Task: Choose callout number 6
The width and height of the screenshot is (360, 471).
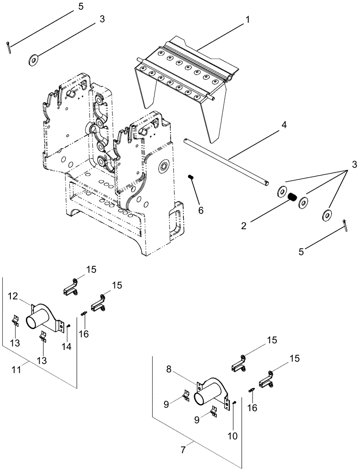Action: pos(202,210)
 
